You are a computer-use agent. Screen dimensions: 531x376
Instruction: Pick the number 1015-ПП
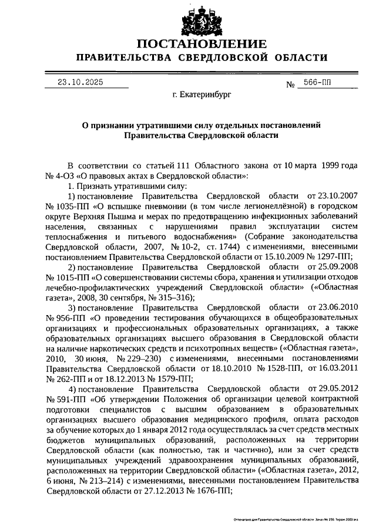70,278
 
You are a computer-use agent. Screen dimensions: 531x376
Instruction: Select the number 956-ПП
68,318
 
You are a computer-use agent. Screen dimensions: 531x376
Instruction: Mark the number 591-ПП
68,399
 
